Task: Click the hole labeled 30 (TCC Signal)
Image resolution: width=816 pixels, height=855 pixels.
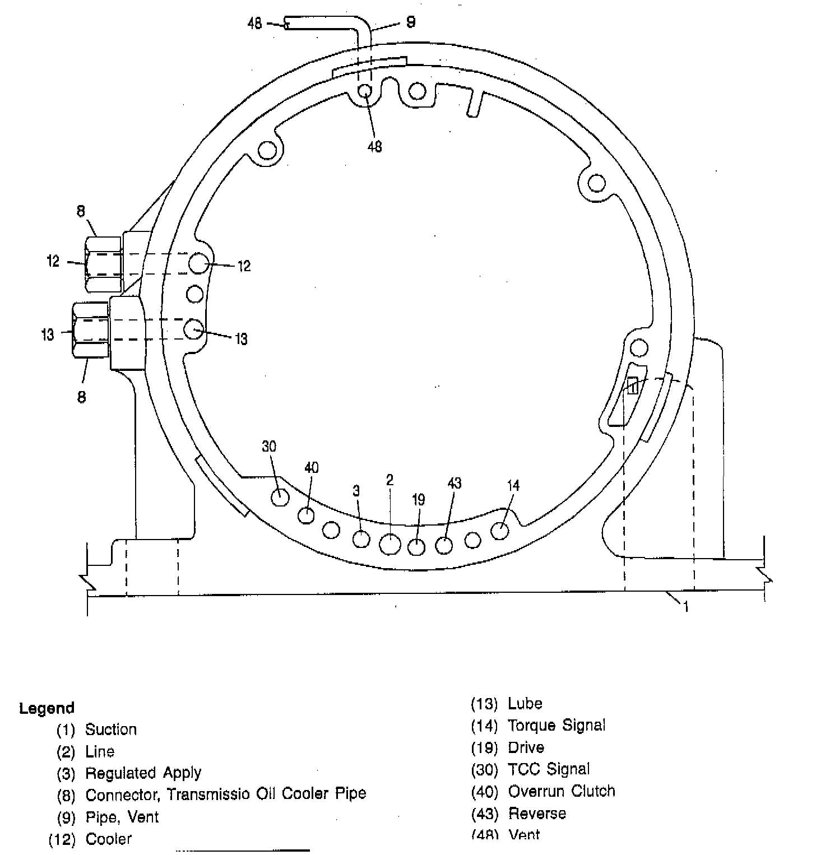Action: (280, 497)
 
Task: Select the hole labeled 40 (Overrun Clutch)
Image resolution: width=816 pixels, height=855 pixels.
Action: (306, 515)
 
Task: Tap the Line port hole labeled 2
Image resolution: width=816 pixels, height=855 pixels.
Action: (390, 543)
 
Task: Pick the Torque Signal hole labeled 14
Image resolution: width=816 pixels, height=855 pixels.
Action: (500, 530)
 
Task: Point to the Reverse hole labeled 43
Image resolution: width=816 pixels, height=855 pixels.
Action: (444, 545)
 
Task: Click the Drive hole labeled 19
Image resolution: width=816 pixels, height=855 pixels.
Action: (416, 546)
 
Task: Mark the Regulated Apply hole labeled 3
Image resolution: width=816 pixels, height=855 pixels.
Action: (361, 539)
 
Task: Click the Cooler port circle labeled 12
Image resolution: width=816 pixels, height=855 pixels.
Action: (198, 263)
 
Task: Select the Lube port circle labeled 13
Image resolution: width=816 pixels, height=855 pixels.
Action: (194, 329)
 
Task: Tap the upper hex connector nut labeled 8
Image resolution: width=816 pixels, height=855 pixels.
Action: (104, 264)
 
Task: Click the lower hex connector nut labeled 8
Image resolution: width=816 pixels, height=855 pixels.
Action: (90, 329)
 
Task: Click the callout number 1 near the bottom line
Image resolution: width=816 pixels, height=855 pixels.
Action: (685, 606)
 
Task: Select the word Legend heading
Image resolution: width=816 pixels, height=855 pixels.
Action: (47, 708)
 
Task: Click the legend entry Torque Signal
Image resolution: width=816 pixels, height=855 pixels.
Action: (556, 726)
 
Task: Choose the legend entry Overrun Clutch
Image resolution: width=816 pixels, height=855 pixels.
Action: (561, 791)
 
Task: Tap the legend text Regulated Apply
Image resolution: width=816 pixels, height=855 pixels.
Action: (143, 773)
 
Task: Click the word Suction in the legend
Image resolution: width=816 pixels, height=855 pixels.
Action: (110, 729)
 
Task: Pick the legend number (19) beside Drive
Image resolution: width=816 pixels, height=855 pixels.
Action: (484, 748)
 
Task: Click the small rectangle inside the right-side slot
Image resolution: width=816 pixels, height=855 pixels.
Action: (632, 385)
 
